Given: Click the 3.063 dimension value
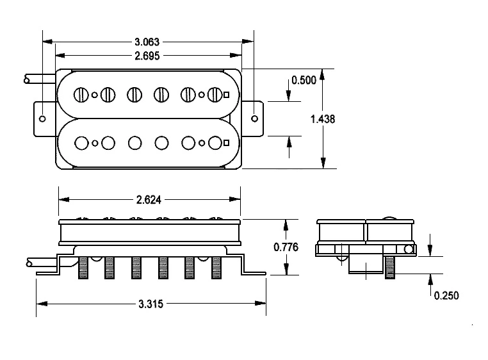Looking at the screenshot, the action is [147, 42].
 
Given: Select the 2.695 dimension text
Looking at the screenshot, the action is [147, 56].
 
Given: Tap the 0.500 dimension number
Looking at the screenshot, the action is [304, 80].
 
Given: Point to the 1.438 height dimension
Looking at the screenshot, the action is [323, 119].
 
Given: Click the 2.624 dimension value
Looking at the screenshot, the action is [149, 200].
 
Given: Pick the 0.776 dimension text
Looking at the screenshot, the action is [286, 247].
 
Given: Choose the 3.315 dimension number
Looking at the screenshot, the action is [151, 304].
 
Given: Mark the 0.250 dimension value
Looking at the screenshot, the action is [446, 295].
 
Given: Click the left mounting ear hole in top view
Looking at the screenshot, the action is [43, 119].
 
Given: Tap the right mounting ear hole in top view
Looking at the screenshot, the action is [255, 119].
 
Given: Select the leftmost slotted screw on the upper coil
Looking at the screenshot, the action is [81, 94].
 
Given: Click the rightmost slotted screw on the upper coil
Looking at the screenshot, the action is [215, 94].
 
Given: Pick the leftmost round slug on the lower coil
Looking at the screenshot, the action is [81, 143].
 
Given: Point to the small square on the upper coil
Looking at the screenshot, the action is [227, 95].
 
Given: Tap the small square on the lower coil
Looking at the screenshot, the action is [227, 143].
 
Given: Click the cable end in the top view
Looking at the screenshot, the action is [27, 80].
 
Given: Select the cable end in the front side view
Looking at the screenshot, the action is [29, 263].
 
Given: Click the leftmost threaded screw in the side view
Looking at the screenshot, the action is [83, 268].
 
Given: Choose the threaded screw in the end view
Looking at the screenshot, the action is [390, 268].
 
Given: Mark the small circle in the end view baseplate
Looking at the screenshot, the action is [409, 249].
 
